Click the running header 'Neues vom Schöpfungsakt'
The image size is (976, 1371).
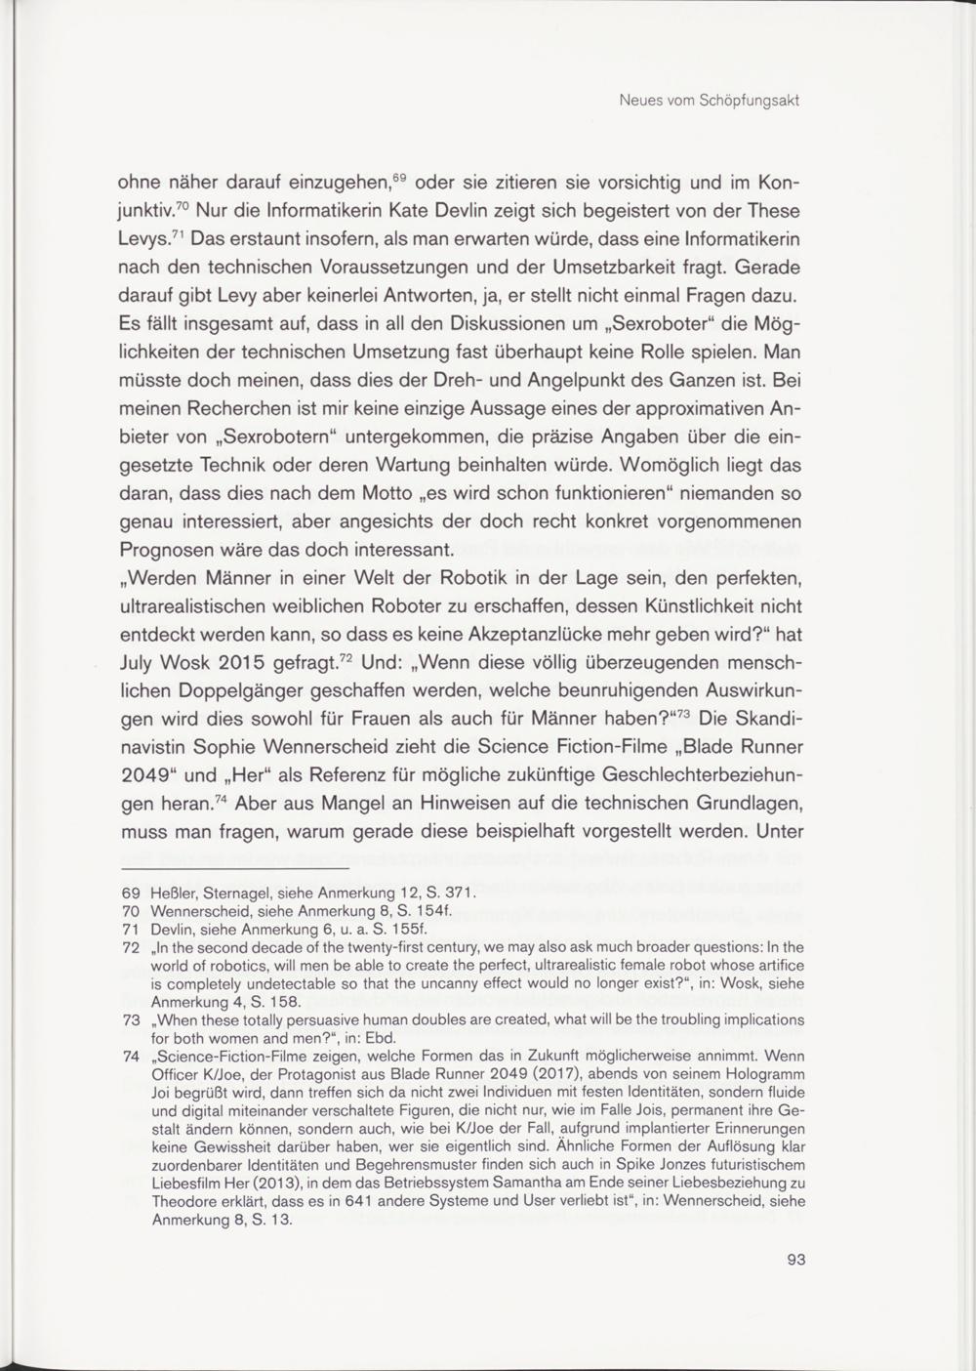[710, 101]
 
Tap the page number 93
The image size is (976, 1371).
[795, 1260]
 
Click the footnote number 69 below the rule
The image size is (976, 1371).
[130, 893]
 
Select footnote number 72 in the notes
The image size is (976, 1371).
[130, 947]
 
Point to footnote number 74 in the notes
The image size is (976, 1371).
[130, 1056]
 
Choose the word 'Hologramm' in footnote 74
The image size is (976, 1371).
[767, 1073]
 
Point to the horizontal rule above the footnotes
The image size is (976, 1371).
[234, 868]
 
